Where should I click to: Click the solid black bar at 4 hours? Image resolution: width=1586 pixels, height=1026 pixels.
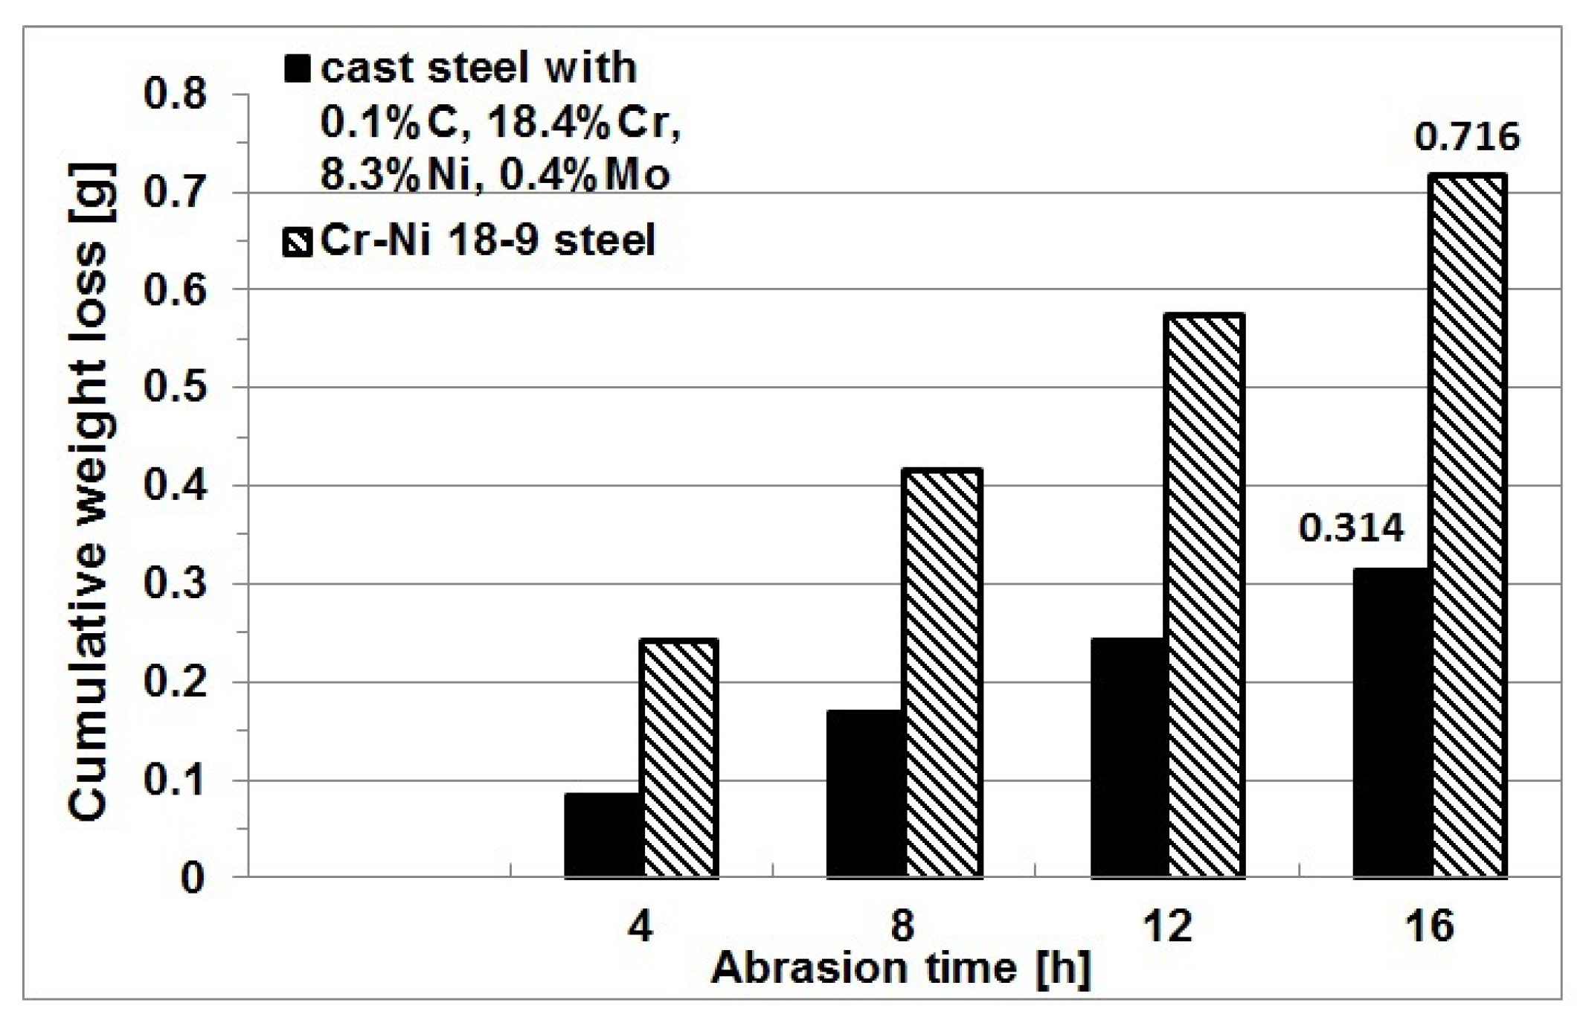point(604,834)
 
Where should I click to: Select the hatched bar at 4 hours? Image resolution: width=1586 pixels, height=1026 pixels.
point(680,757)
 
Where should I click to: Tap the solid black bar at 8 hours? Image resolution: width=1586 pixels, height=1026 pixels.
point(866,793)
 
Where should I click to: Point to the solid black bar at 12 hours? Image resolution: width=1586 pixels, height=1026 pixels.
point(1129,757)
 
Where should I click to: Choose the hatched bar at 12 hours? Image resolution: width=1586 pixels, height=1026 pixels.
point(1205,594)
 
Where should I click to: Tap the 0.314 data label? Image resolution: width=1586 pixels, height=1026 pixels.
point(1351,529)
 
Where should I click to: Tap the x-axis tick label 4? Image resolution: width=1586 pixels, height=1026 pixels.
point(641,927)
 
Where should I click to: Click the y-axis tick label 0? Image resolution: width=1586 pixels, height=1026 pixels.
point(192,879)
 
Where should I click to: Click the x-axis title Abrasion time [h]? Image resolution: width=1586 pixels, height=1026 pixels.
point(901,969)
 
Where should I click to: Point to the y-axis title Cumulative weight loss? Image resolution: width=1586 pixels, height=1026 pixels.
point(91,491)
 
